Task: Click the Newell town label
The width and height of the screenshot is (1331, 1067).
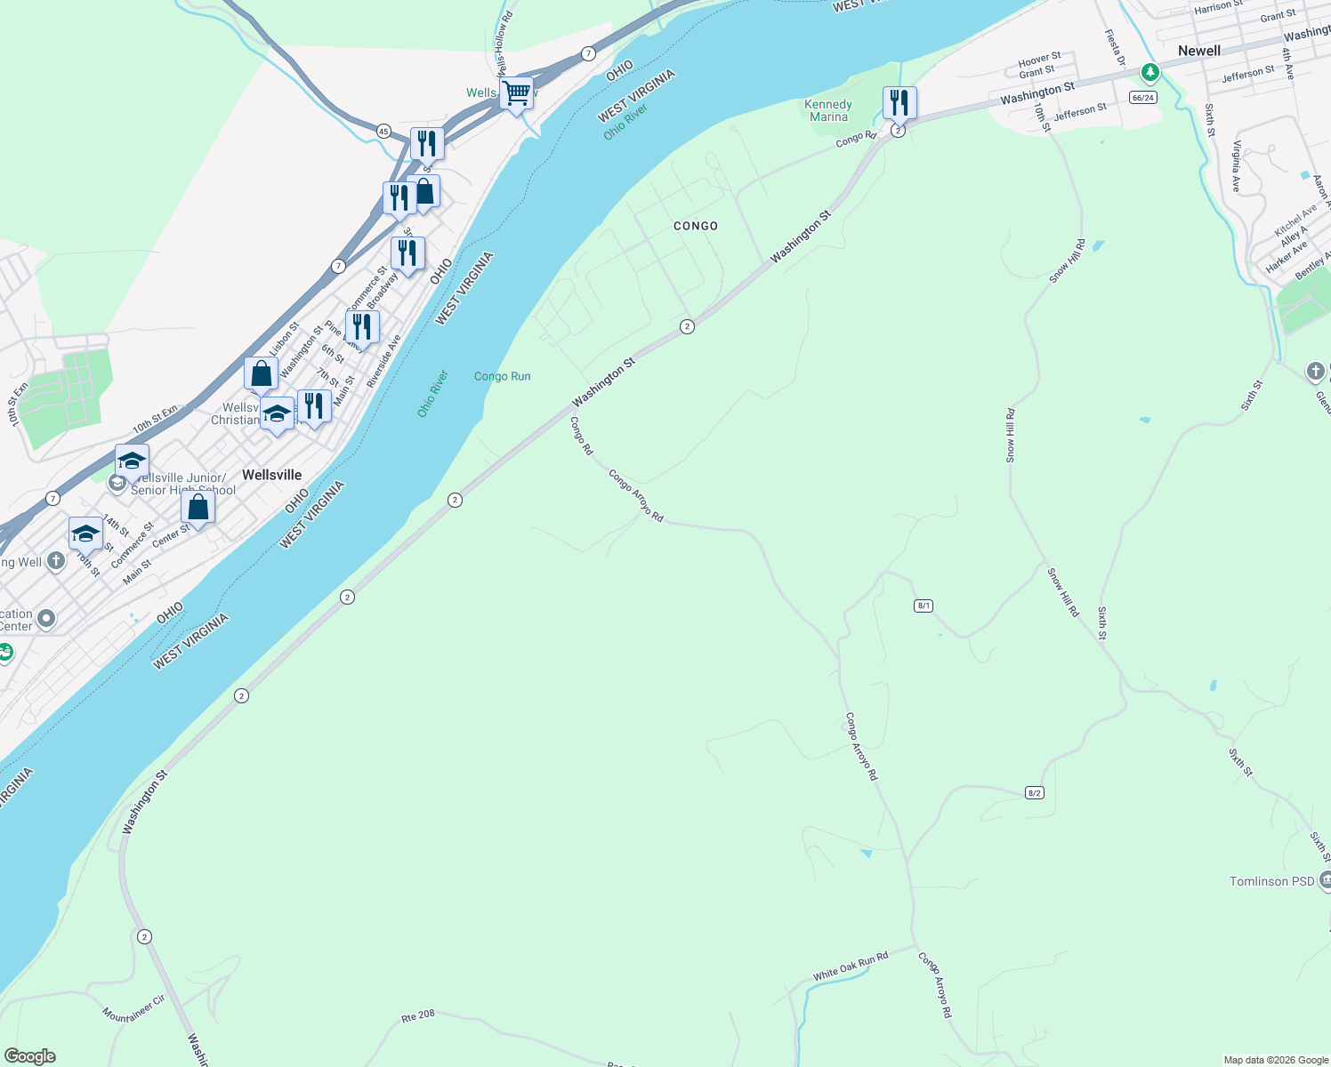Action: [x=1198, y=51]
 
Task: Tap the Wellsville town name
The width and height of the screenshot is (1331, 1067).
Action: [x=271, y=475]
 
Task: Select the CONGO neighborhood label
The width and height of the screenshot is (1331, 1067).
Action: [x=695, y=226]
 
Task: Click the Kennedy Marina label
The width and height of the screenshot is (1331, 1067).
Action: [x=828, y=110]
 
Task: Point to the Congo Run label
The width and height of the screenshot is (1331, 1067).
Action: [x=502, y=376]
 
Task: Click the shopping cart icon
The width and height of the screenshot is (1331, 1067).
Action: [x=516, y=92]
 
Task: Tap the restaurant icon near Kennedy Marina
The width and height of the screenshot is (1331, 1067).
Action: [x=899, y=103]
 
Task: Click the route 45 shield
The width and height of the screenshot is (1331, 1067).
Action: [x=383, y=132]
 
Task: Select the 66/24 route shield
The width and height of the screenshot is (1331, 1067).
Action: [x=1142, y=98]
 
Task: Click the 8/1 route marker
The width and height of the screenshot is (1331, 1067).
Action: [x=924, y=606]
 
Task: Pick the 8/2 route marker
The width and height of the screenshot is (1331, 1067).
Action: [x=1034, y=792]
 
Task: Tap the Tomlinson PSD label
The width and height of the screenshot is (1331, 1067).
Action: [x=1271, y=881]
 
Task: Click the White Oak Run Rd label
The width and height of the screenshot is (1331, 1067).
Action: [x=850, y=967]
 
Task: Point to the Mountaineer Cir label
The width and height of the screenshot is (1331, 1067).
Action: [x=133, y=1008]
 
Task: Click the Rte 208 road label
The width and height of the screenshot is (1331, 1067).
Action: [x=418, y=1015]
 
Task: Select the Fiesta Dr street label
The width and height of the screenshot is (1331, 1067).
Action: [x=1115, y=47]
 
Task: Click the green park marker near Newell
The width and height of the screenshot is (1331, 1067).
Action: [x=1150, y=71]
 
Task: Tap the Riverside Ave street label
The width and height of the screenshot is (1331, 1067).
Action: [x=383, y=361]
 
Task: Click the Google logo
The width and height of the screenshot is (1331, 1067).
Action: [x=30, y=1056]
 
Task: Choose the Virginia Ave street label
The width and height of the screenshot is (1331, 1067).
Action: [x=1236, y=166]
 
